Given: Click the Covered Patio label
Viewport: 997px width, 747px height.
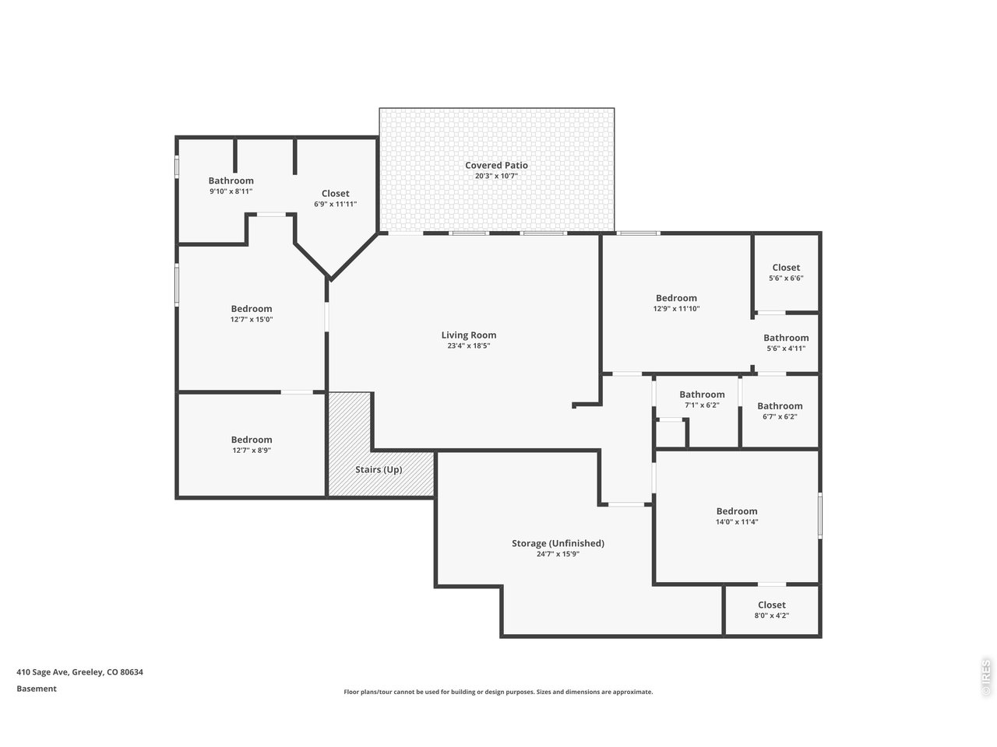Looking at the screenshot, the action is (x=496, y=166).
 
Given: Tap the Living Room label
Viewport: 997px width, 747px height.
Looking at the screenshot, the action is (x=468, y=335).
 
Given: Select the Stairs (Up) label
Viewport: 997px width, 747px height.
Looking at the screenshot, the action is (x=379, y=469).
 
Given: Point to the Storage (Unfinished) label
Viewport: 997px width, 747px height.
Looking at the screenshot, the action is (x=558, y=543).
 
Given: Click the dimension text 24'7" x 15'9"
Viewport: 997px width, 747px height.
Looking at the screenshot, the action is (x=558, y=554).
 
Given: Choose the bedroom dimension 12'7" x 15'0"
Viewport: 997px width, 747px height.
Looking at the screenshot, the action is (x=251, y=319).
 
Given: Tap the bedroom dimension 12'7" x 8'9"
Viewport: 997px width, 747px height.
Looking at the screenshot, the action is (x=251, y=451).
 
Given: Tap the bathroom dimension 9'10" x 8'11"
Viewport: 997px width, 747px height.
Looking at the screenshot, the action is (x=231, y=191).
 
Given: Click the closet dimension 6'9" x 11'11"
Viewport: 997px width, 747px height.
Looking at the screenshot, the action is (x=335, y=204).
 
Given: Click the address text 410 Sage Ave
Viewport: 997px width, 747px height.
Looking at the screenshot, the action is (x=42, y=672).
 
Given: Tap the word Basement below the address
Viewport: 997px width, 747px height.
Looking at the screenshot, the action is (x=37, y=689).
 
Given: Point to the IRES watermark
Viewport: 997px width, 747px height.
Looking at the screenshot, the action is (x=985, y=678).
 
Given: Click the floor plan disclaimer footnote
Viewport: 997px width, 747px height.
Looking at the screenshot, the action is (x=498, y=692).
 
